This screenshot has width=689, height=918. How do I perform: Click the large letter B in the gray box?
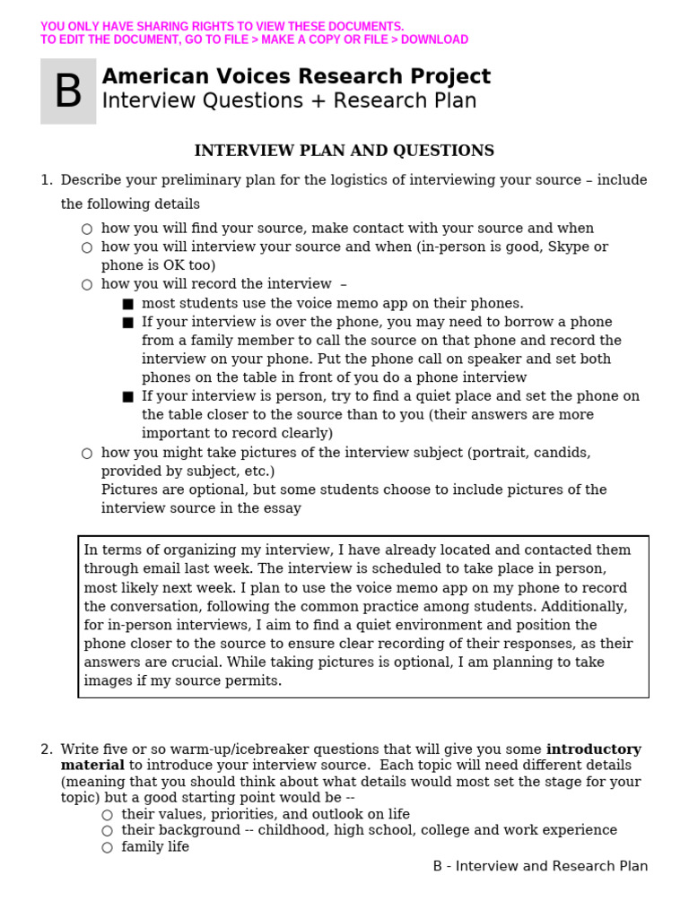(68, 91)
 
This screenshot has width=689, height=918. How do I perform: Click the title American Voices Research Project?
(296, 77)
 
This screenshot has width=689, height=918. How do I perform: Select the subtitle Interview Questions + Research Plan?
(289, 101)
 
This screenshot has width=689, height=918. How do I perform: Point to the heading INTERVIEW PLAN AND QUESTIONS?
(344, 151)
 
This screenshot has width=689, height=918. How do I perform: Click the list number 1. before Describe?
(47, 180)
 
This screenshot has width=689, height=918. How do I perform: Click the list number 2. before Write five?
(47, 749)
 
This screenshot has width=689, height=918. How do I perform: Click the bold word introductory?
(593, 749)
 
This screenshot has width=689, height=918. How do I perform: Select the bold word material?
(92, 766)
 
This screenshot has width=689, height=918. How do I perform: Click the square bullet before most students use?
(127, 304)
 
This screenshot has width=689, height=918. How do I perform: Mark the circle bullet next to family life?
(107, 847)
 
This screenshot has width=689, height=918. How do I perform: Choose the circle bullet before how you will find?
(87, 229)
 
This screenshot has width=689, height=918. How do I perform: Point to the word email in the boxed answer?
(154, 569)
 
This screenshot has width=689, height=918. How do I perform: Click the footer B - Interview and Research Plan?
(540, 866)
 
